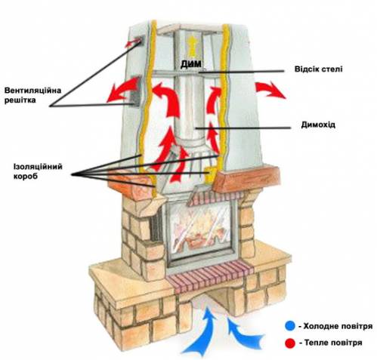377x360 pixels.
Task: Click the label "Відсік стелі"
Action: click(318, 69)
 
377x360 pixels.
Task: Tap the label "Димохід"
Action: click(318, 125)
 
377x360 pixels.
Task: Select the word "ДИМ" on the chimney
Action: click(191, 64)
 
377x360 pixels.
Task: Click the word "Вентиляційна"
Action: click(32, 91)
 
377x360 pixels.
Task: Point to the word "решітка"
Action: click(20, 100)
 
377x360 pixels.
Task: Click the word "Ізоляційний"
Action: click(38, 167)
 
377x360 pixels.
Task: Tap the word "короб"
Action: click(26, 176)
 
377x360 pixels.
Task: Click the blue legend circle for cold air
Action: click(290, 326)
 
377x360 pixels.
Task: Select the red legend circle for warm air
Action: click(290, 343)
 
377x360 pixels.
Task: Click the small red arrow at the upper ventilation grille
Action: click(133, 44)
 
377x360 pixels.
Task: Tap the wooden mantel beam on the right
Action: click(246, 178)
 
